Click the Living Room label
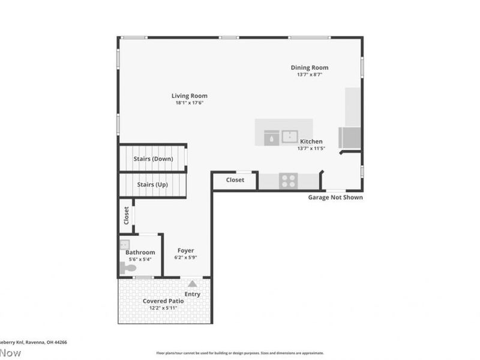pos(189,95)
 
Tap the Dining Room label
pos(310,68)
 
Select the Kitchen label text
pos(311,142)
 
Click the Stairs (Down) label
pos(153,159)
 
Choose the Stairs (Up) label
pos(152,185)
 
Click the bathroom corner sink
pos(125,244)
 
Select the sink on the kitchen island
pos(291,136)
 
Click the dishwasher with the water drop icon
pos(271,136)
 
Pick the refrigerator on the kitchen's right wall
pos(350,137)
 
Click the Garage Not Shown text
pos(335,197)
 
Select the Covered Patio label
pos(164,301)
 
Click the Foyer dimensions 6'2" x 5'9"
pos(186,257)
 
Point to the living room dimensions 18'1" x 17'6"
pos(189,103)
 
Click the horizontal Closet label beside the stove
pos(235,180)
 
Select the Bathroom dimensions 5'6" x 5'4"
pos(140,259)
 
